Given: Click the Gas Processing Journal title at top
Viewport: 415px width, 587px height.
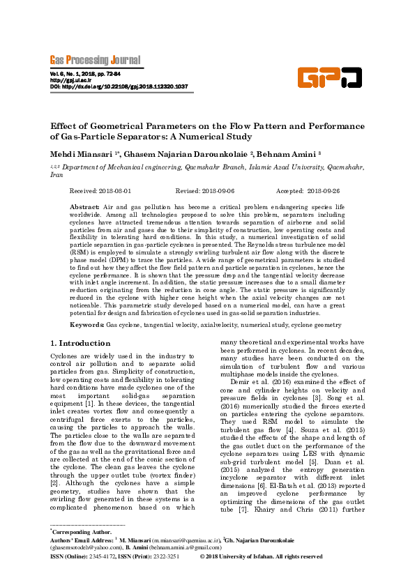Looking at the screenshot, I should coord(95,60).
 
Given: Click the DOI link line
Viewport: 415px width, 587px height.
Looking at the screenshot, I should coord(119,86).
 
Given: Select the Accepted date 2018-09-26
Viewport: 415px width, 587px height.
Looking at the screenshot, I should coord(323,190).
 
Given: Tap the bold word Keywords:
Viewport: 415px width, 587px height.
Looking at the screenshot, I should coord(87,325).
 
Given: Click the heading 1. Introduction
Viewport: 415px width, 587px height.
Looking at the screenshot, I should coord(82,344).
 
